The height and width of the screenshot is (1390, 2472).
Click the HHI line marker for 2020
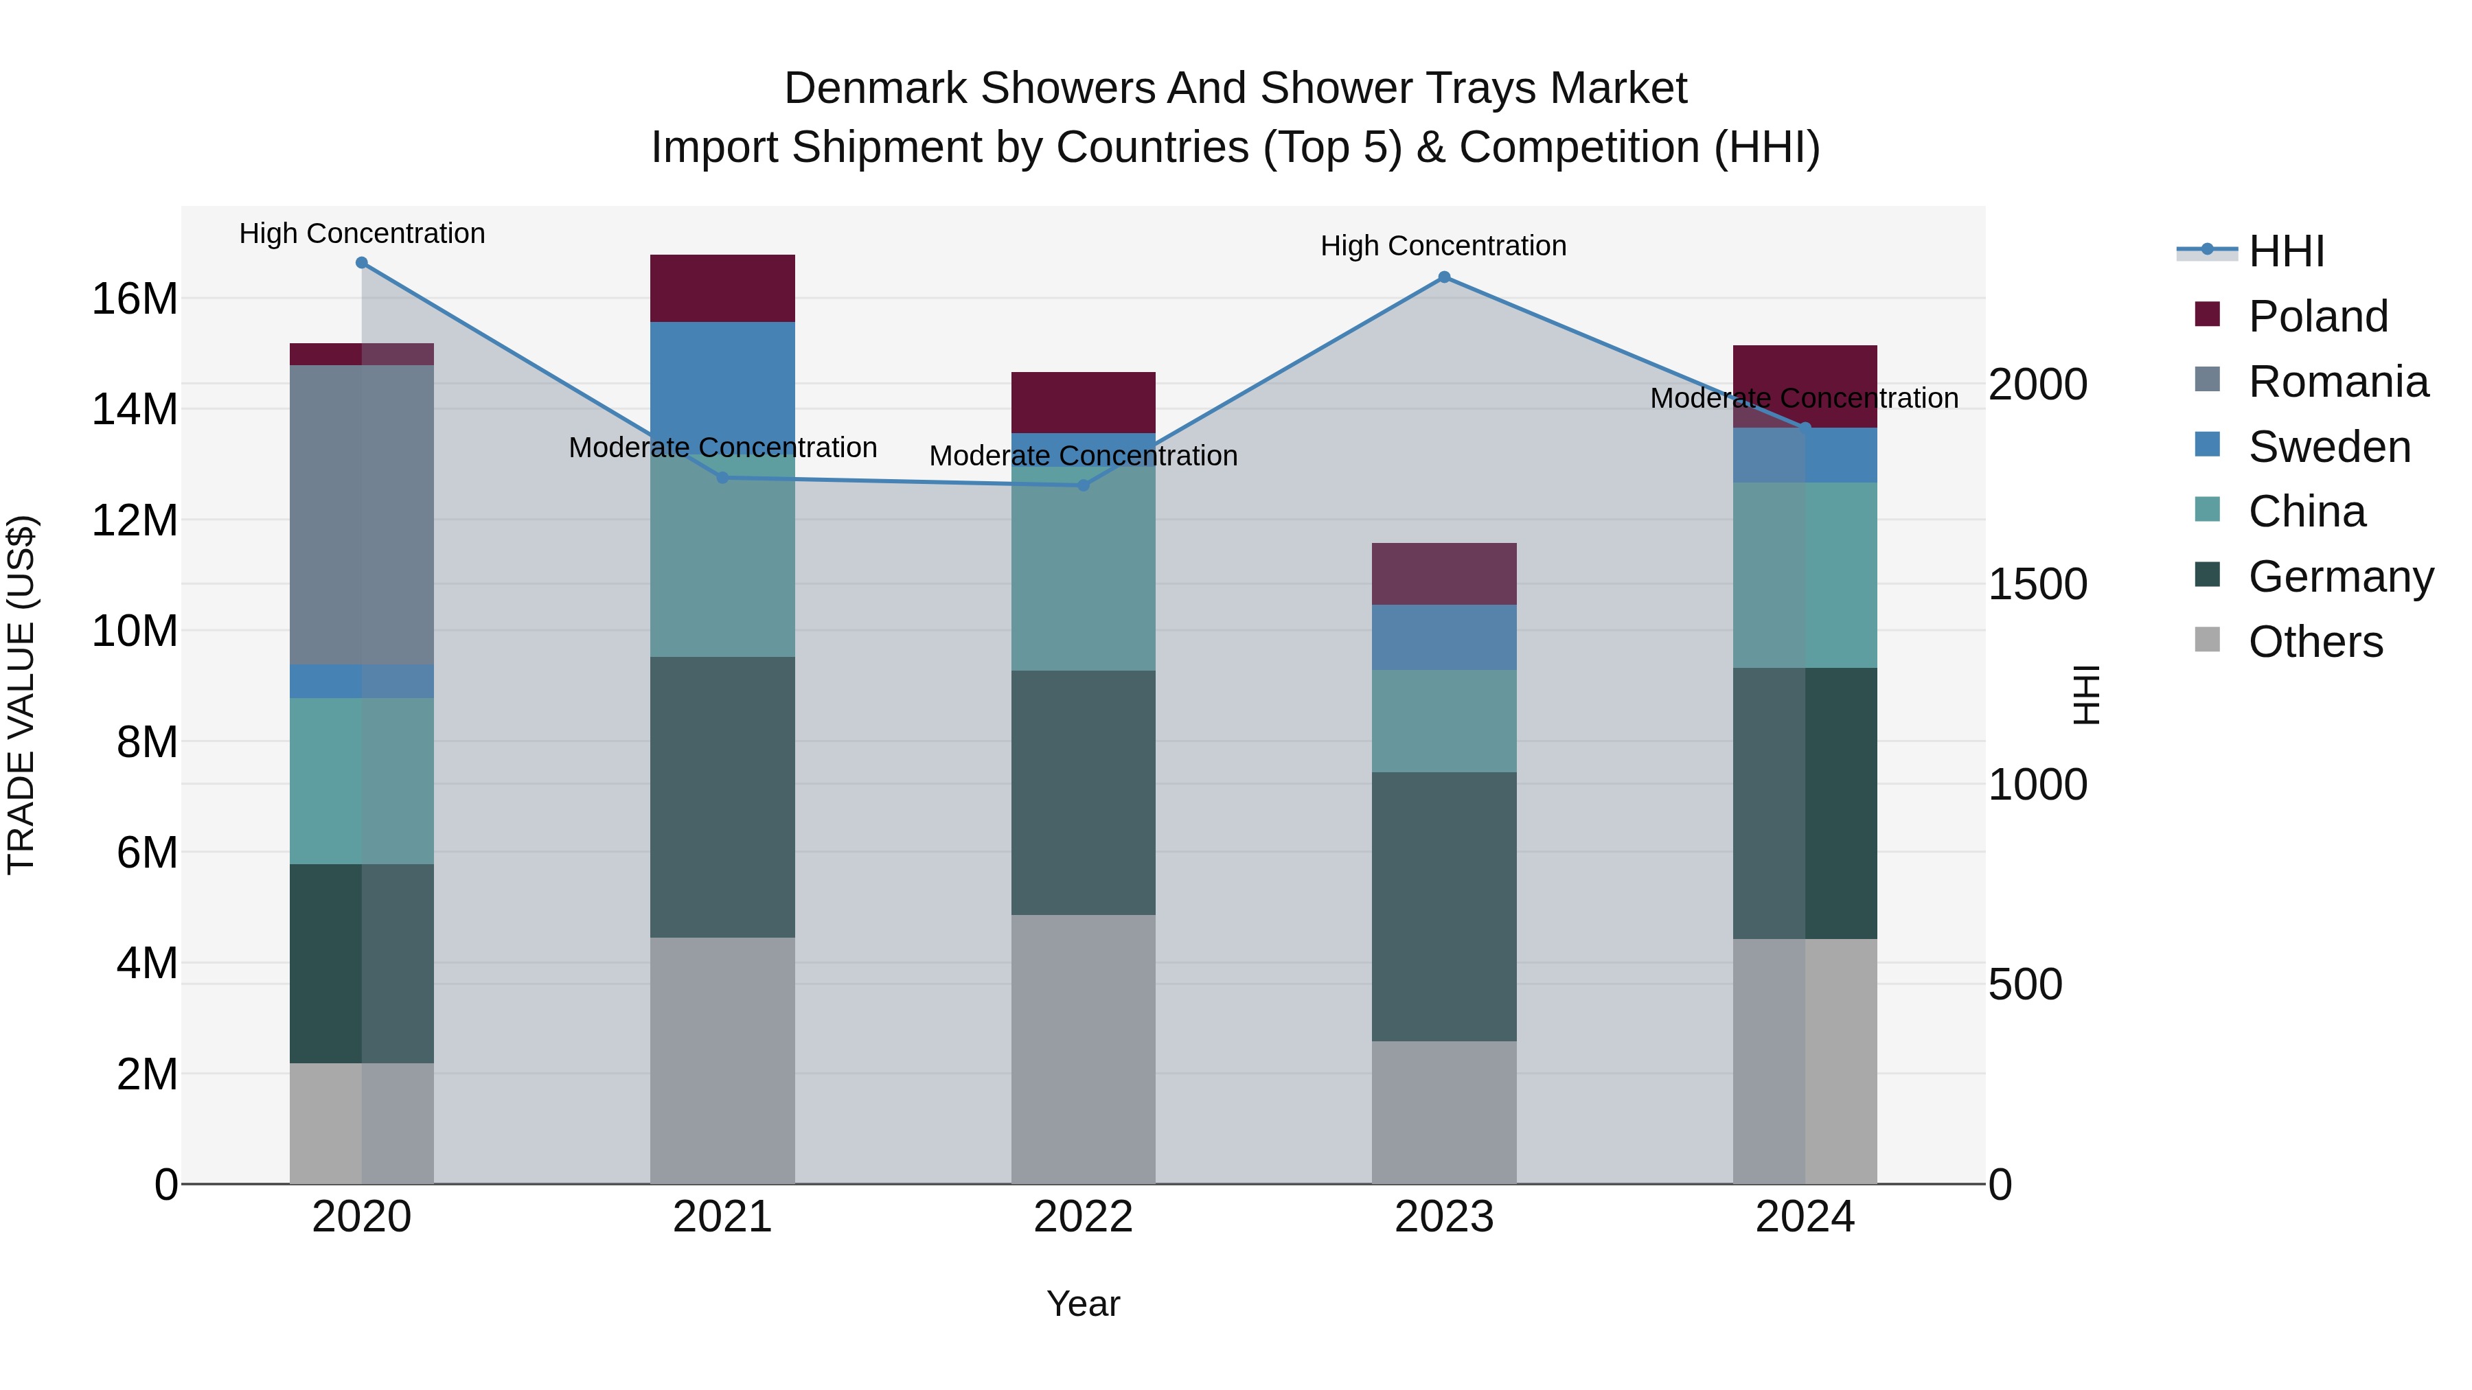362,263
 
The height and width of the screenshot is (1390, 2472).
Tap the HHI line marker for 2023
1444,277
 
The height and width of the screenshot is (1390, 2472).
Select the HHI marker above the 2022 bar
1084,485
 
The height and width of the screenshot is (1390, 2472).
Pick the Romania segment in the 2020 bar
362,514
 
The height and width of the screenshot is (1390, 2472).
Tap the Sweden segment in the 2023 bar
1444,637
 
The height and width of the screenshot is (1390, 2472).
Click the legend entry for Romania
2337,382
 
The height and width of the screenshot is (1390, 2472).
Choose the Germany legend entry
2339,577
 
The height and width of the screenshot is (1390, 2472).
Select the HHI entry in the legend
2286,251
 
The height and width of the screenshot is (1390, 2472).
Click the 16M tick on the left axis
135,299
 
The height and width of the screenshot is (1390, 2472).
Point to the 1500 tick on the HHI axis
2037,584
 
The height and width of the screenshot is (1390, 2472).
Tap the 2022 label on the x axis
1084,1217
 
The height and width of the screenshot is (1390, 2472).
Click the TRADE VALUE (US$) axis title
21,695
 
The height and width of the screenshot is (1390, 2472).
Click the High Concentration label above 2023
1443,246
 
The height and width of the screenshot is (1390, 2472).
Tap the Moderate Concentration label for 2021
722,448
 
